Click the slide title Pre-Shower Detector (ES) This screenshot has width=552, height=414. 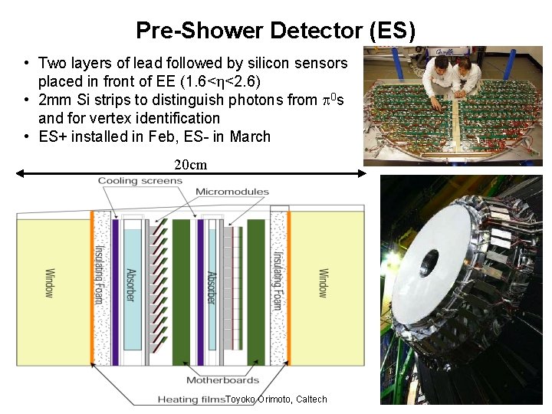[275, 31]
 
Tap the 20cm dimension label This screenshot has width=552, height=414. [190, 165]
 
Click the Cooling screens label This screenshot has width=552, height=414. [140, 181]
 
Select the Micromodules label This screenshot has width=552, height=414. [232, 192]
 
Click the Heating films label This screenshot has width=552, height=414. [191, 399]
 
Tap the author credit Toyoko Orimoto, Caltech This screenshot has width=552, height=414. [277, 399]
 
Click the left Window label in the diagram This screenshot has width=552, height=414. [49, 283]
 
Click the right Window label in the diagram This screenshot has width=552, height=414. [323, 283]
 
